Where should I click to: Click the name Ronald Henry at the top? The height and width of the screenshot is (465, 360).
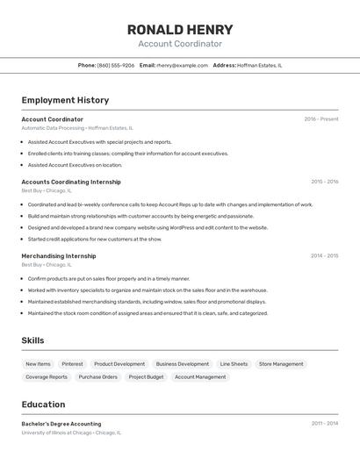[180, 29]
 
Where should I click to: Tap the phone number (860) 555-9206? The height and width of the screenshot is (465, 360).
[116, 65]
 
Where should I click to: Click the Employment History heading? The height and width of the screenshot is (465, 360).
[65, 100]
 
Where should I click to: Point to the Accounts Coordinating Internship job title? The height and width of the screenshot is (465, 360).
[71, 182]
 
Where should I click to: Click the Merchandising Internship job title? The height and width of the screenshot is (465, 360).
[59, 256]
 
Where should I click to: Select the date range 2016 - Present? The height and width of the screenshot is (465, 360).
[321, 119]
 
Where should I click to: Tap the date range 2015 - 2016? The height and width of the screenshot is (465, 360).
[324, 182]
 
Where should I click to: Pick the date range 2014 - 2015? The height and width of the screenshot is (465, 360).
[324, 256]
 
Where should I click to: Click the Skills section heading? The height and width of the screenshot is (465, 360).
[33, 340]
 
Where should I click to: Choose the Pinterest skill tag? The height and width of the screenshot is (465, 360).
[72, 364]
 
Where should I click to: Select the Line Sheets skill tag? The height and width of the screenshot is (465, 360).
[234, 364]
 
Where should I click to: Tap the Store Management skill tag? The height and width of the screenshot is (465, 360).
[281, 364]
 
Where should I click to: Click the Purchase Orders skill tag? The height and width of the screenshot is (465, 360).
[97, 377]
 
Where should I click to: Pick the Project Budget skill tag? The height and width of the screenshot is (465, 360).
[146, 377]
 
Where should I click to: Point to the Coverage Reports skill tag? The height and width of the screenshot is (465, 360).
[47, 377]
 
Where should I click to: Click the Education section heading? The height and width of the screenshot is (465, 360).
[43, 404]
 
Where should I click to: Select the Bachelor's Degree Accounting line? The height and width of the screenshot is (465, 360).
[61, 424]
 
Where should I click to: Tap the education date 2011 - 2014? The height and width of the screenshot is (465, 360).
[324, 424]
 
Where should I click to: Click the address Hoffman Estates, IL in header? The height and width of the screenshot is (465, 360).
[261, 65]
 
